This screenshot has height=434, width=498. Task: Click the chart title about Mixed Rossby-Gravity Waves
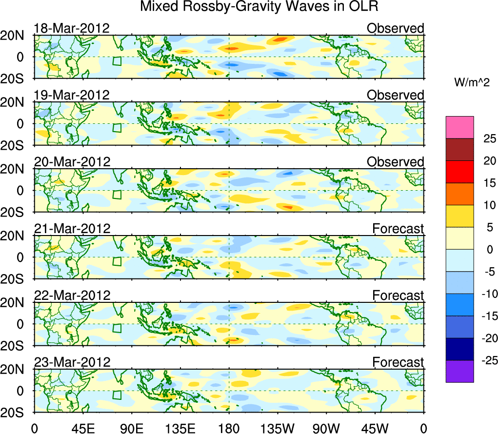[x=259, y=7]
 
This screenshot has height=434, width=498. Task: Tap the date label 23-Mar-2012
[x=72, y=362]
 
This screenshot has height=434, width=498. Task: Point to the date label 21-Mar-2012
[x=72, y=228]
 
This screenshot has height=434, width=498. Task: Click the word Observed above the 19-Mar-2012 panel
[x=396, y=95]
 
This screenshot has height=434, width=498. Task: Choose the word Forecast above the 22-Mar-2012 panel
[x=398, y=296]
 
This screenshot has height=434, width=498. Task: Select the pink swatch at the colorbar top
[x=459, y=127]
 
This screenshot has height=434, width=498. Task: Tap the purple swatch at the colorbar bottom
[x=459, y=371]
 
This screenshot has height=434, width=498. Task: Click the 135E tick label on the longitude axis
[x=180, y=428]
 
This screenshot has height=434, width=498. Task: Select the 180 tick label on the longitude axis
[x=229, y=428]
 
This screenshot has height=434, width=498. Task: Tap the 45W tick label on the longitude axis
[x=376, y=428]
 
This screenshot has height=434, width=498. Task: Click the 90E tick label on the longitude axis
[x=132, y=428]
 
